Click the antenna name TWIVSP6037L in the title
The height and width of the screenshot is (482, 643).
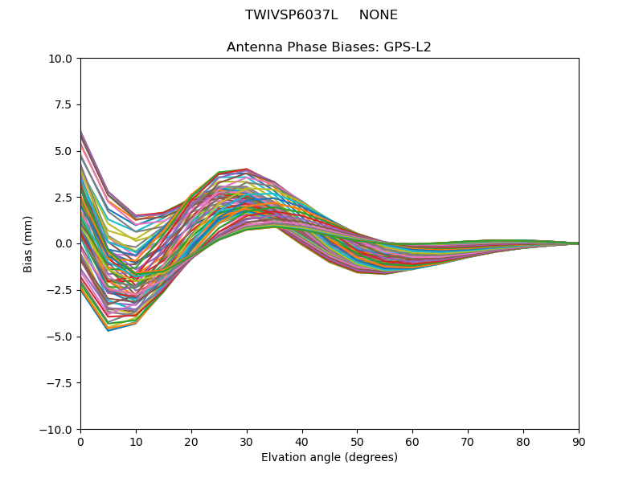pyautogui.click(x=291, y=15)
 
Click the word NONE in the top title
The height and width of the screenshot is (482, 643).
pyautogui.click(x=378, y=15)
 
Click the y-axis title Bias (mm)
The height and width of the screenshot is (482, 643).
pyautogui.click(x=28, y=243)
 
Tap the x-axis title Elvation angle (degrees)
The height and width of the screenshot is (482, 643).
pyautogui.click(x=330, y=458)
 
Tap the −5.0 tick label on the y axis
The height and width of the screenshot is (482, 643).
pyautogui.click(x=61, y=337)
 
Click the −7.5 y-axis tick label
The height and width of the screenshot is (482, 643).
pyautogui.click(x=61, y=383)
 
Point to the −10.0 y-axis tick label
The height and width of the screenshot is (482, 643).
pyautogui.click(x=58, y=430)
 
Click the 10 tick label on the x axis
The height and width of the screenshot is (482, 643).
pyautogui.click(x=136, y=441)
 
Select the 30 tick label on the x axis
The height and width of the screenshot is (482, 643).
pyautogui.click(x=247, y=441)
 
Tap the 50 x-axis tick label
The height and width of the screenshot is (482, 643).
pyautogui.click(x=357, y=441)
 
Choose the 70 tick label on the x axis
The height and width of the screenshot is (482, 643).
pyautogui.click(x=468, y=441)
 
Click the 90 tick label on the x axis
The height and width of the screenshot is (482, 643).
pyautogui.click(x=579, y=441)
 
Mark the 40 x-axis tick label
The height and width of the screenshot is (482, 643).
pyautogui.click(x=302, y=441)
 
